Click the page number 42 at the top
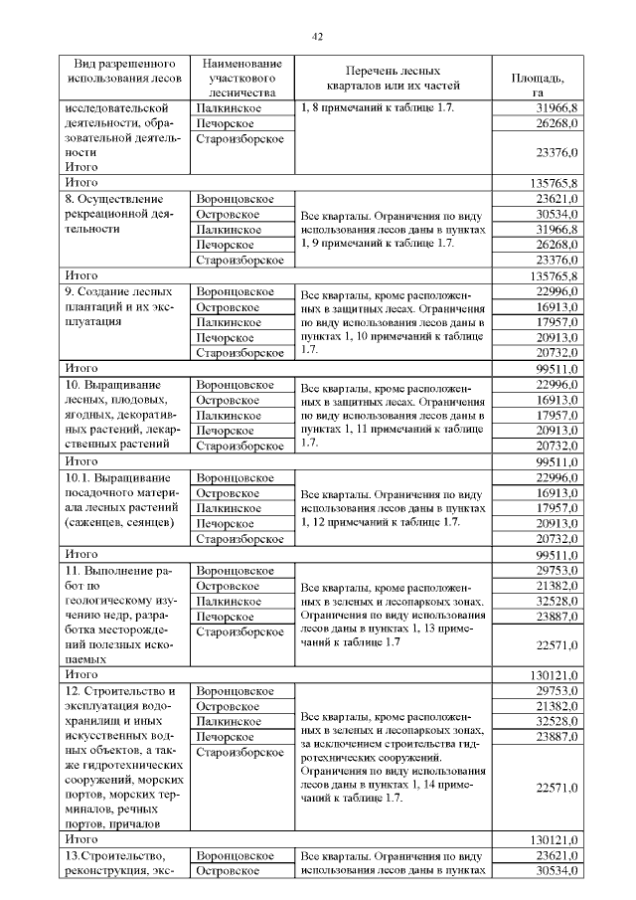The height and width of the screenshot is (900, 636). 318,37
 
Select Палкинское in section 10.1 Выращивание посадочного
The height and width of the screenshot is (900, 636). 230,507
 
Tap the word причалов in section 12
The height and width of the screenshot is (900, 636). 126,823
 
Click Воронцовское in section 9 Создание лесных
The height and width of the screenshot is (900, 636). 235,291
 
